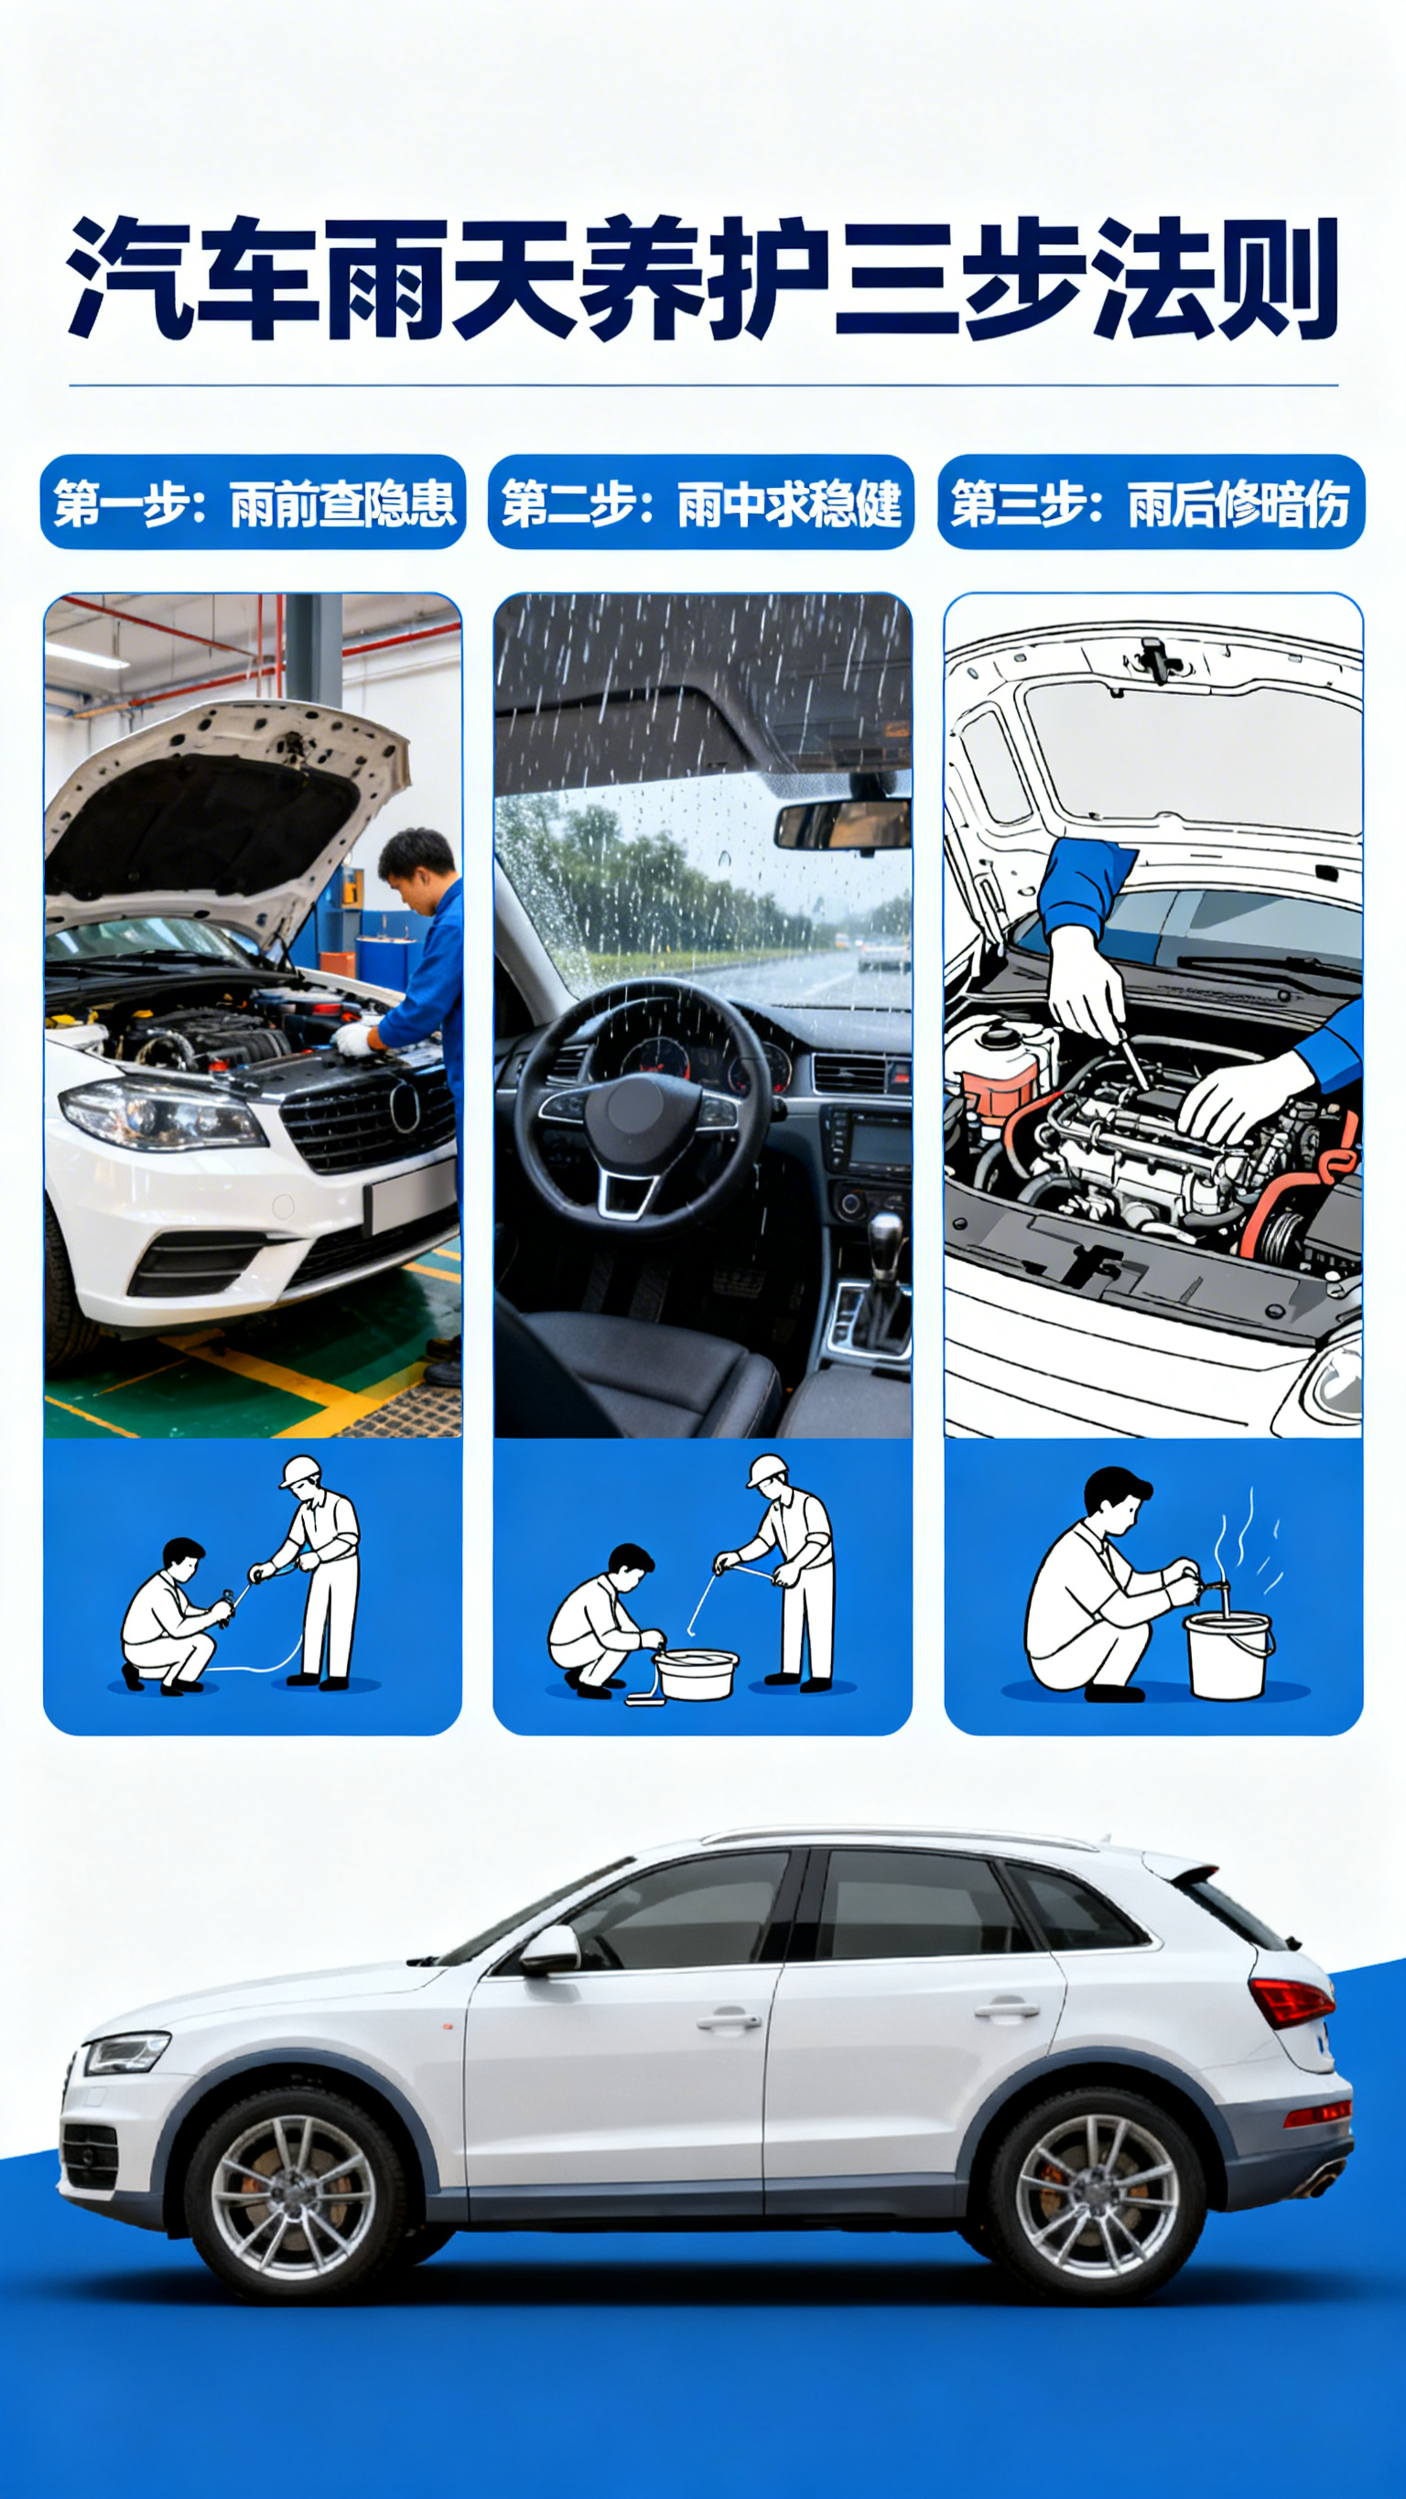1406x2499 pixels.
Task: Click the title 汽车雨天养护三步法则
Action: point(702,279)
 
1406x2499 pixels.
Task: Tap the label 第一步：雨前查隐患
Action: point(254,503)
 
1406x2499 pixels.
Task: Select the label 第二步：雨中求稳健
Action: point(701,503)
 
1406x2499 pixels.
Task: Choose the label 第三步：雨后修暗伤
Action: point(1151,503)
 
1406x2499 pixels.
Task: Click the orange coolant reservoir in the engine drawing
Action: point(1000,1072)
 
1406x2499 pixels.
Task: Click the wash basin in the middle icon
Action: point(696,1673)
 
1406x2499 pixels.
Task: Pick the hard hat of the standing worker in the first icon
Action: point(300,1471)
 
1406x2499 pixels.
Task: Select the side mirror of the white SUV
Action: point(549,1949)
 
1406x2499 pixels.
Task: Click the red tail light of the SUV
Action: point(1291,2000)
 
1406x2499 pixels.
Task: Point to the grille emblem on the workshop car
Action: point(405,1106)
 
